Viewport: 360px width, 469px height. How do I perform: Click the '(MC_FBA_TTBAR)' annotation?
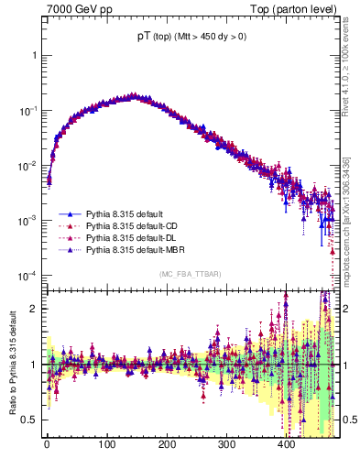point(191,274)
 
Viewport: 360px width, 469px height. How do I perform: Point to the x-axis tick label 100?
point(106,445)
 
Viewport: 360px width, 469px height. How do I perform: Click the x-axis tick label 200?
point(167,445)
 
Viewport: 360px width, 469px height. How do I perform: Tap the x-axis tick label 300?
point(226,445)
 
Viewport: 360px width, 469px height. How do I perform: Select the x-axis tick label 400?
point(286,445)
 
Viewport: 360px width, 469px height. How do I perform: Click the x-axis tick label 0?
point(47,445)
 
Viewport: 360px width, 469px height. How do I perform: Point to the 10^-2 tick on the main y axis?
point(27,166)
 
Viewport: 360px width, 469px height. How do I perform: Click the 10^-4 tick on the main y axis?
point(27,276)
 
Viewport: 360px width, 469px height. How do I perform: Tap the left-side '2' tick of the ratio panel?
point(34,309)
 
